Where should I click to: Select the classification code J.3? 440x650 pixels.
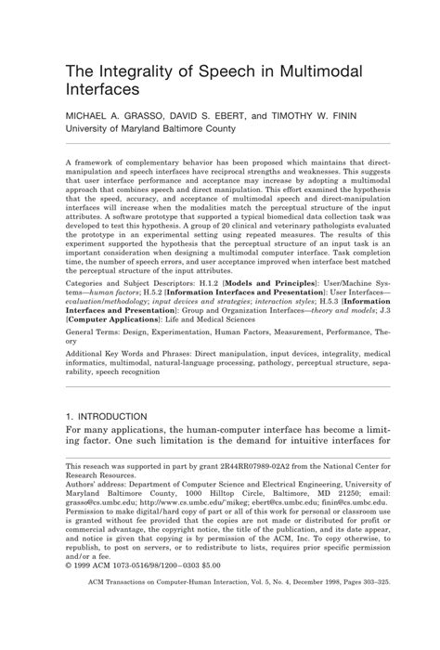[369, 309]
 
